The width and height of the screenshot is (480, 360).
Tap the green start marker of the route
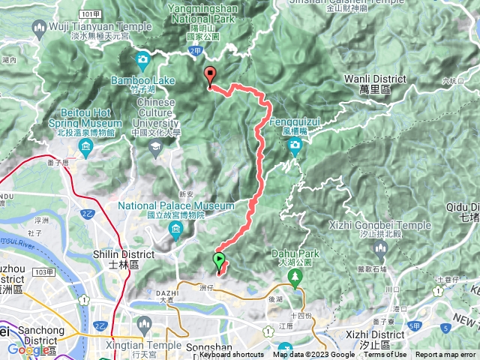coord(219,261)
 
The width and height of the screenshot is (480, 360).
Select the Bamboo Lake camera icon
coord(142,59)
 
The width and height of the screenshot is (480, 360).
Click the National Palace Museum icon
coord(175,226)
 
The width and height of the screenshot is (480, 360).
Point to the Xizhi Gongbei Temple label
coord(380,225)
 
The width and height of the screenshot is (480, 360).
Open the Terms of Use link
coord(385,355)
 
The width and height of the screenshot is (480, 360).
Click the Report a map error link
coord(445,355)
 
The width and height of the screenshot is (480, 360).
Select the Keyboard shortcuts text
coord(231,355)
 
